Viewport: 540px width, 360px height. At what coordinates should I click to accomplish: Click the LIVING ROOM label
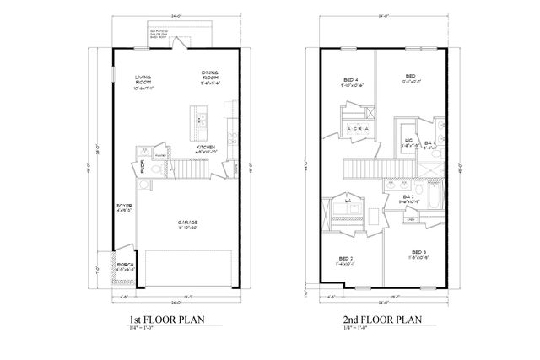point(143,81)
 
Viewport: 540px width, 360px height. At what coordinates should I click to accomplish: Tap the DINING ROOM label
point(210,75)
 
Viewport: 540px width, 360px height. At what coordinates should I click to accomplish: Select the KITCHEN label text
point(205,147)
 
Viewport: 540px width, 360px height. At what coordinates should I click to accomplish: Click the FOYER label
point(123,204)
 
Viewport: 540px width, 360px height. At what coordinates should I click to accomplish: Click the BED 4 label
point(350,79)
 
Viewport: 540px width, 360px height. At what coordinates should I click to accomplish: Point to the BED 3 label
point(418,252)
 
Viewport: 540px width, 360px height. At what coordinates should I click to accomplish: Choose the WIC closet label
point(408,140)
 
